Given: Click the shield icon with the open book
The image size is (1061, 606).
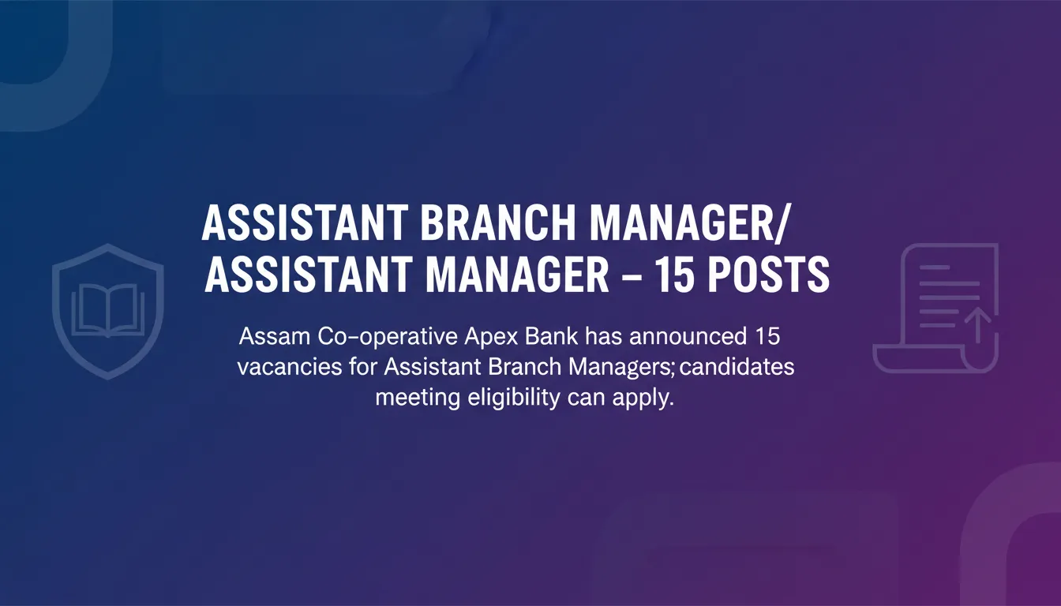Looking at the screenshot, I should [x=107, y=310].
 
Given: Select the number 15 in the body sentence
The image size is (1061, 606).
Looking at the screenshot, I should [x=763, y=338].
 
